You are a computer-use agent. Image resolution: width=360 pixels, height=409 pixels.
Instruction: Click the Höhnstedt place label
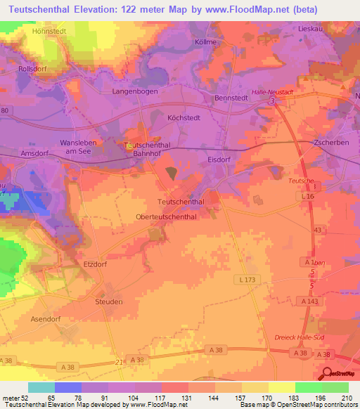click(49, 32)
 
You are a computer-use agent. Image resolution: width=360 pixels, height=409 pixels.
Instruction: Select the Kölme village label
click(205, 42)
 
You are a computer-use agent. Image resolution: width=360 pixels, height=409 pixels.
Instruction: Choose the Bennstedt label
click(232, 98)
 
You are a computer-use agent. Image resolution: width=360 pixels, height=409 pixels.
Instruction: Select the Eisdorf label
click(219, 160)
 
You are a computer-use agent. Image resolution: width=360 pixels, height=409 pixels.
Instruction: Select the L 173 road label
click(244, 279)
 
